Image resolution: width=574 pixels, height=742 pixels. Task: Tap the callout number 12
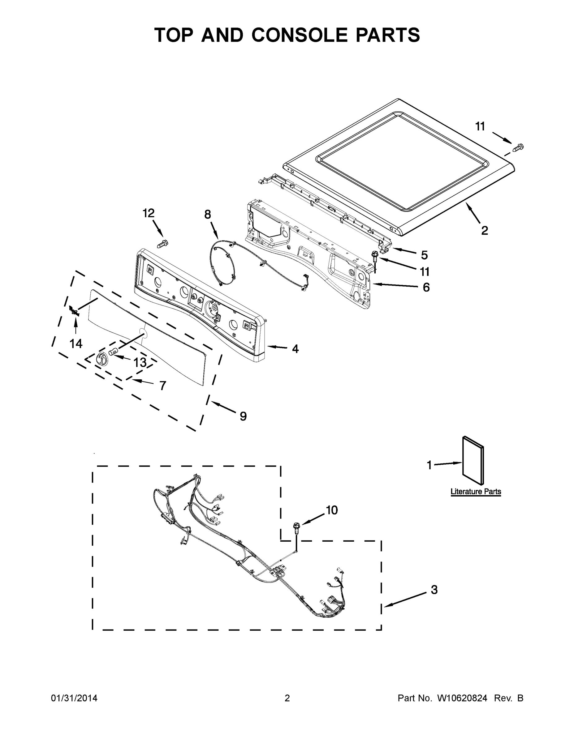(x=148, y=213)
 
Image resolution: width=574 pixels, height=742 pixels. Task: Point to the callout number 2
(x=485, y=231)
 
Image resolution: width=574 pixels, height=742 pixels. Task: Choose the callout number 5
(x=424, y=255)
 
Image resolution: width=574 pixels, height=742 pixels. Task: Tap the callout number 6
(x=426, y=288)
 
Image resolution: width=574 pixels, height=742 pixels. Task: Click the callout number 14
(x=76, y=344)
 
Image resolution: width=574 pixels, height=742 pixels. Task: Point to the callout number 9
(x=243, y=416)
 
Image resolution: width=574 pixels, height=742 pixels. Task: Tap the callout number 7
(x=162, y=386)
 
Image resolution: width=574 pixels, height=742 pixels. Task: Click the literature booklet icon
(x=473, y=461)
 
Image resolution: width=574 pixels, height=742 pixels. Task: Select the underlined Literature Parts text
(x=475, y=492)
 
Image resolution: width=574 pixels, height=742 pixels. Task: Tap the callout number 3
(x=434, y=590)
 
